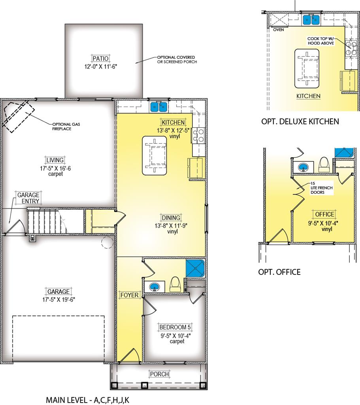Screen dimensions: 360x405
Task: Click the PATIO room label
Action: coord(101,59)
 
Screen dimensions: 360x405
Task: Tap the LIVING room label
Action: coord(55,160)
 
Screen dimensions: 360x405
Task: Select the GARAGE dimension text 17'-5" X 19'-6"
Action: coord(59,300)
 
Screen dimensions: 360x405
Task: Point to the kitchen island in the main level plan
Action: coord(155,155)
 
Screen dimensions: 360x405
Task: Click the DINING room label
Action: coord(171,218)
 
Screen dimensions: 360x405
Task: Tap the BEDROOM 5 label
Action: coord(175,327)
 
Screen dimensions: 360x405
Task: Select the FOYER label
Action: coord(130,295)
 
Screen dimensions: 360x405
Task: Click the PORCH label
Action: coord(160,374)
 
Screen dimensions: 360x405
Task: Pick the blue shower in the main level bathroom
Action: coord(195,269)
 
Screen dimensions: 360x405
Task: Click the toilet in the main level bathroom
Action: coord(175,285)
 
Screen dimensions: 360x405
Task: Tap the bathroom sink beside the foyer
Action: coord(155,287)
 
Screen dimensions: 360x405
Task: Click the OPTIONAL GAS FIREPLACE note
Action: coord(66,126)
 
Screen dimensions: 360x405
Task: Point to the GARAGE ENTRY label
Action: coord(28,198)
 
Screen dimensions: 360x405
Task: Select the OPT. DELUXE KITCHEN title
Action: coord(300,121)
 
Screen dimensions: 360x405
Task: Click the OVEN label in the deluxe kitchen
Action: coord(279,30)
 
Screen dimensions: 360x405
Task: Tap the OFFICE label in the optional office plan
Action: coord(325,214)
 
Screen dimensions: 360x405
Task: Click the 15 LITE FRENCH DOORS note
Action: coord(322,188)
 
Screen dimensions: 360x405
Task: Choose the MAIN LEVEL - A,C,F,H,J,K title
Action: coord(87,400)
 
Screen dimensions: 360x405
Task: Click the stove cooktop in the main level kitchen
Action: coord(198,135)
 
